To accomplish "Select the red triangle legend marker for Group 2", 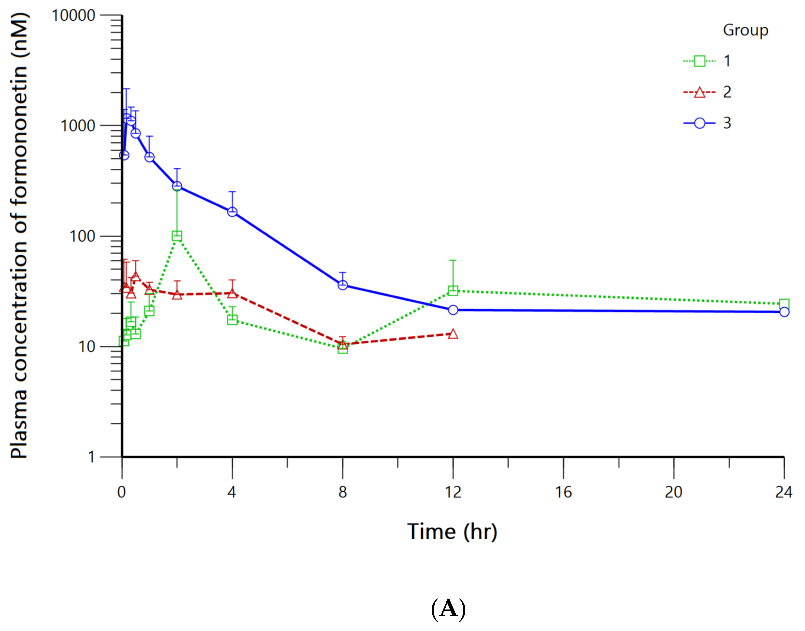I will [x=699, y=92].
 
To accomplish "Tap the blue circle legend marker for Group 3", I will [x=699, y=123].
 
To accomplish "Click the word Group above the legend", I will [x=745, y=30].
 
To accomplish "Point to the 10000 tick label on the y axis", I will [x=73, y=15].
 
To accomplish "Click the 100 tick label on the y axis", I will [x=82, y=236].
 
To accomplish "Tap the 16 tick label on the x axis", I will [x=563, y=492].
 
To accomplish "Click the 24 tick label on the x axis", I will [x=783, y=492].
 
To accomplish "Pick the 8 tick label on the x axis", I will [x=342, y=492].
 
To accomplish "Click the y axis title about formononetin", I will [x=19, y=236].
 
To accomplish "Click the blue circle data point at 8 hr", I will [x=342, y=285].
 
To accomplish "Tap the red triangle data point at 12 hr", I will [x=453, y=334].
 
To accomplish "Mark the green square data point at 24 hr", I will [x=784, y=304].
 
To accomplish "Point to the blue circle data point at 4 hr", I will [x=232, y=212].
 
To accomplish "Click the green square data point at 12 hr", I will [x=453, y=291].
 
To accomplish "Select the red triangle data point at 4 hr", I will [x=232, y=293].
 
